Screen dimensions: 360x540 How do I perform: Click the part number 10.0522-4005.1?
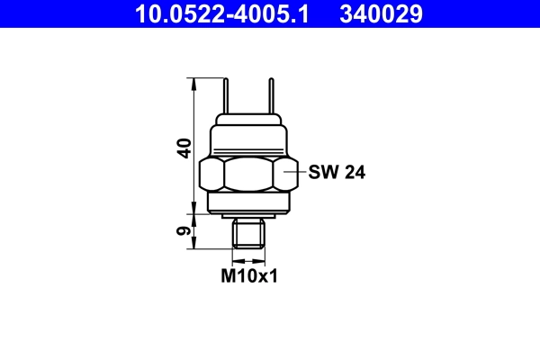point(220,13)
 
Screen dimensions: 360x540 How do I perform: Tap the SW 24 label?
point(336,172)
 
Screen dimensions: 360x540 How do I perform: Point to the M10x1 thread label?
point(249,275)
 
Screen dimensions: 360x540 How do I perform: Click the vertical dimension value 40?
point(184,148)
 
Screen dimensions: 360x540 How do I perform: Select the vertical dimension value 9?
point(184,231)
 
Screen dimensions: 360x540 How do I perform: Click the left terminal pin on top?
point(227,97)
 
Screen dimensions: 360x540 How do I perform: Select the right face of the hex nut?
point(285,173)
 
